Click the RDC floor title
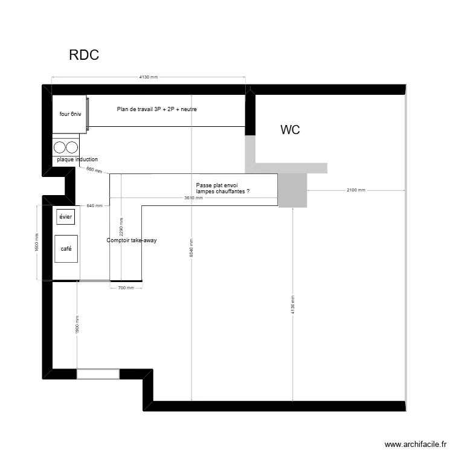[84, 56]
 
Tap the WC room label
[290, 130]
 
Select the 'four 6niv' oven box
[70, 113]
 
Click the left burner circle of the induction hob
[60, 146]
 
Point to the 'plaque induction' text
[77, 159]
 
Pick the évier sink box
[65, 216]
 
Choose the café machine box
[66, 249]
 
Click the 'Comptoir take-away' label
[132, 240]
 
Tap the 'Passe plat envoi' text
[217, 185]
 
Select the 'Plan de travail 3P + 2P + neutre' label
[157, 109]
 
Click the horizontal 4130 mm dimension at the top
[149, 77]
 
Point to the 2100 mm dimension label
[356, 190]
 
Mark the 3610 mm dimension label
[194, 198]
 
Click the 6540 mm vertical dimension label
[191, 247]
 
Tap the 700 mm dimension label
[126, 288]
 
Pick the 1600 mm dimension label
[37, 242]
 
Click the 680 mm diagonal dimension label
[94, 170]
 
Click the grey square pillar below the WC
[293, 190]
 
